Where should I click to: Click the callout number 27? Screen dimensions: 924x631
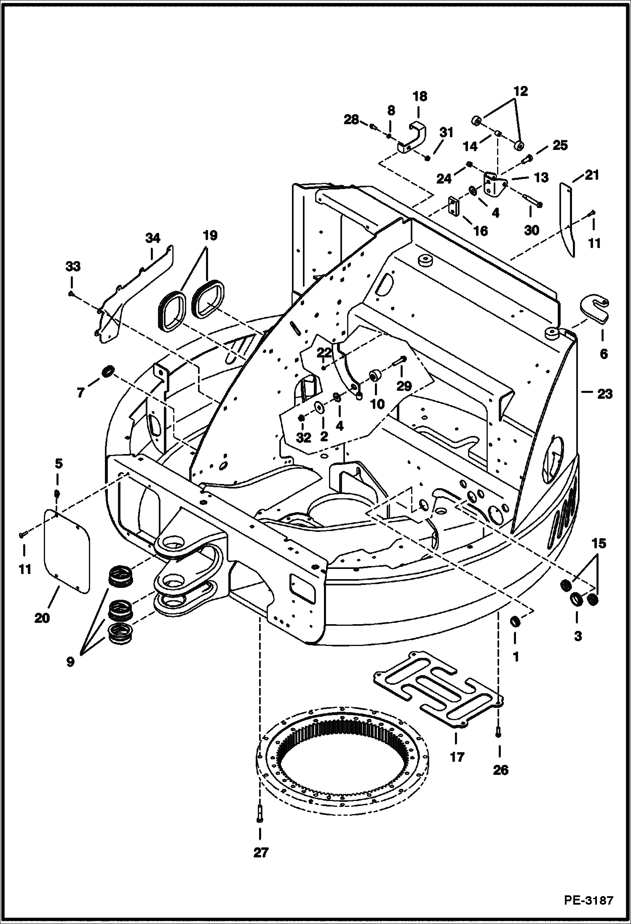coord(261,852)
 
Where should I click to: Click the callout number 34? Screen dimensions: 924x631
coord(152,238)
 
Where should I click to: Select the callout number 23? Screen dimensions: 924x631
coord(604,394)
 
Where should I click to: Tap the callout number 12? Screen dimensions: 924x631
coord(521,91)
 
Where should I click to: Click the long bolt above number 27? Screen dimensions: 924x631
coord(259,811)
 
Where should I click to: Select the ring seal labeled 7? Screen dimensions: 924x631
coord(108,372)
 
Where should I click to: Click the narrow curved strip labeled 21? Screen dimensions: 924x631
coord(567,219)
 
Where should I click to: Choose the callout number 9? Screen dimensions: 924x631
coord(70,662)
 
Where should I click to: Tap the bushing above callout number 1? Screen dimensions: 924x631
coord(515,621)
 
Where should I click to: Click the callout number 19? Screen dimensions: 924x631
coord(210,236)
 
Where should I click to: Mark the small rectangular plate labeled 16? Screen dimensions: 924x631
coord(454,207)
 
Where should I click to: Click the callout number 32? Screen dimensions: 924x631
coord(303,437)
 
